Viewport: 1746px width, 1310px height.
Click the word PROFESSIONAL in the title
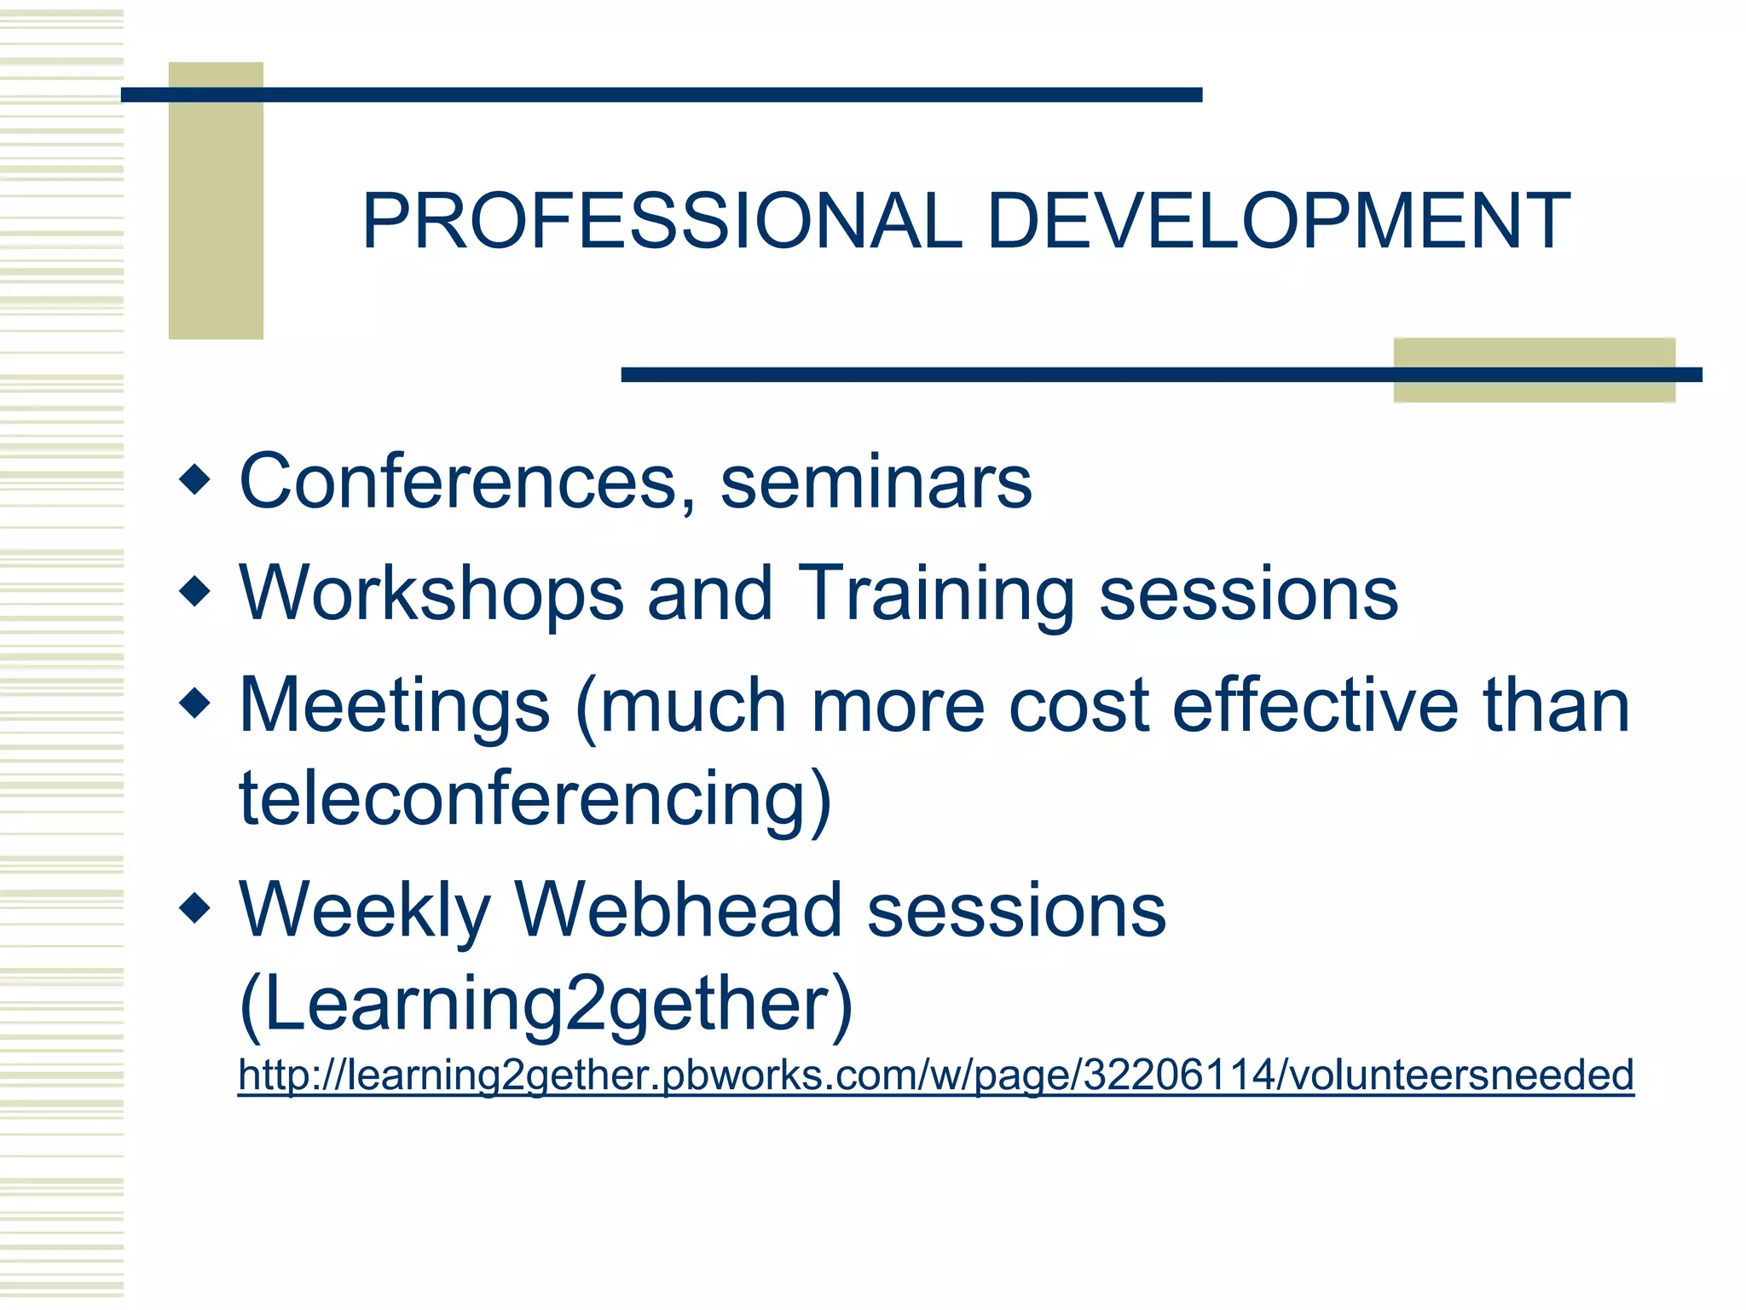662,222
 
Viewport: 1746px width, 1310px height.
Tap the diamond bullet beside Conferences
195,479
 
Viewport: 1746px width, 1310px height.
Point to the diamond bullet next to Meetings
195,703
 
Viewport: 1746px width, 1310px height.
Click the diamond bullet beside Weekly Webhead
195,907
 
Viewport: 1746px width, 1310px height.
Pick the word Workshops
431,594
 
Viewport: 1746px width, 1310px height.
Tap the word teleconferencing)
535,798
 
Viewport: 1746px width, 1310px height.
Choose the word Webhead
678,911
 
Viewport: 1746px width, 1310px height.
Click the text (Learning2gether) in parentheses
546,1005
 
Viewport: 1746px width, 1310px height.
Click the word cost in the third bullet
1079,706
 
